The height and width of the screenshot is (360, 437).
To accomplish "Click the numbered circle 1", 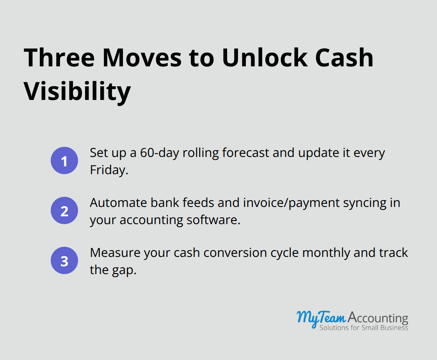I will click(64, 160).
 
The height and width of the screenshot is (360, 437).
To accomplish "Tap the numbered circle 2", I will click(64, 211).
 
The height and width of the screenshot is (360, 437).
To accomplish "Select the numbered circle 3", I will click(64, 260).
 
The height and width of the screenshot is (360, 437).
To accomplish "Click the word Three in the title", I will click(59, 58).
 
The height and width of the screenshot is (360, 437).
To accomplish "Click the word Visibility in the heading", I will click(77, 91).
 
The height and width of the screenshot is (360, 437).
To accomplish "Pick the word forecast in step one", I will click(246, 153).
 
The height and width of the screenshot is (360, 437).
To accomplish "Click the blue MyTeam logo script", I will click(321, 317).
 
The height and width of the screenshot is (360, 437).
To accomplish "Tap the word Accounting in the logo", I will click(377, 318).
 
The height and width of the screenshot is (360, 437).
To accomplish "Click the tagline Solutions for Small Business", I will click(364, 328).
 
